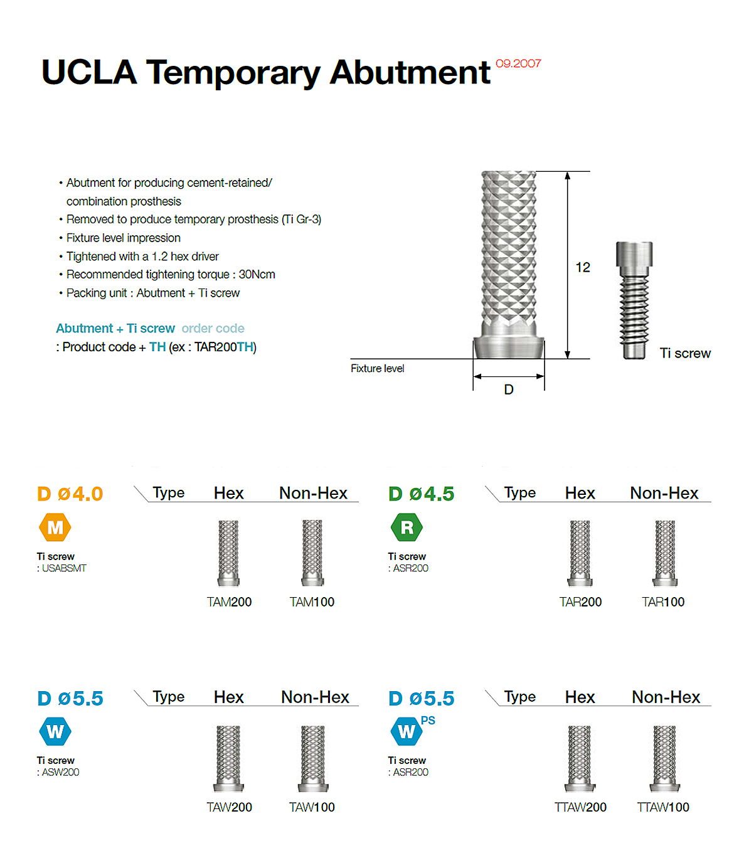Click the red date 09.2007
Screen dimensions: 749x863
518,63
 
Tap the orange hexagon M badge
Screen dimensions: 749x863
55,527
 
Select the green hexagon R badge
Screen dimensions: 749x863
406,527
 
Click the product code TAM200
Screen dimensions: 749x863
229,602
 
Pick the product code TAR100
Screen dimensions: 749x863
663,602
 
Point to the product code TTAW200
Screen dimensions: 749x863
580,807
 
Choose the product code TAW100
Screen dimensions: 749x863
312,807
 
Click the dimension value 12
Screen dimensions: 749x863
583,267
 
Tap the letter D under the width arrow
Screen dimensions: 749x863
509,389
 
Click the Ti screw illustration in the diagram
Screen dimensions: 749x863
634,300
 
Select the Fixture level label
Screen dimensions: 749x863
378,368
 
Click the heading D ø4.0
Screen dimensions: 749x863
70,494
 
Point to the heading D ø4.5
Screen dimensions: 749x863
422,494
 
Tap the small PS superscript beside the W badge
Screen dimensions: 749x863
428,721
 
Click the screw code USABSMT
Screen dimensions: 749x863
64,568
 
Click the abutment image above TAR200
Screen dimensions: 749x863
580,553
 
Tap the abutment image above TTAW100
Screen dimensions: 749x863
664,758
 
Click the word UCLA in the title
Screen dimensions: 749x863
90,72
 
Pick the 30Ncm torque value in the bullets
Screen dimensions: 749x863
257,274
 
